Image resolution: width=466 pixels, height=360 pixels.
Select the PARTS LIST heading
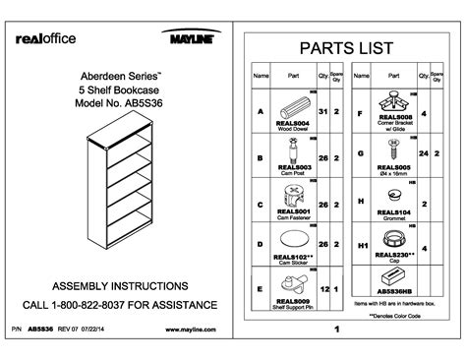339,48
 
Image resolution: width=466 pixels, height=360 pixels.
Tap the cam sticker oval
296,240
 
